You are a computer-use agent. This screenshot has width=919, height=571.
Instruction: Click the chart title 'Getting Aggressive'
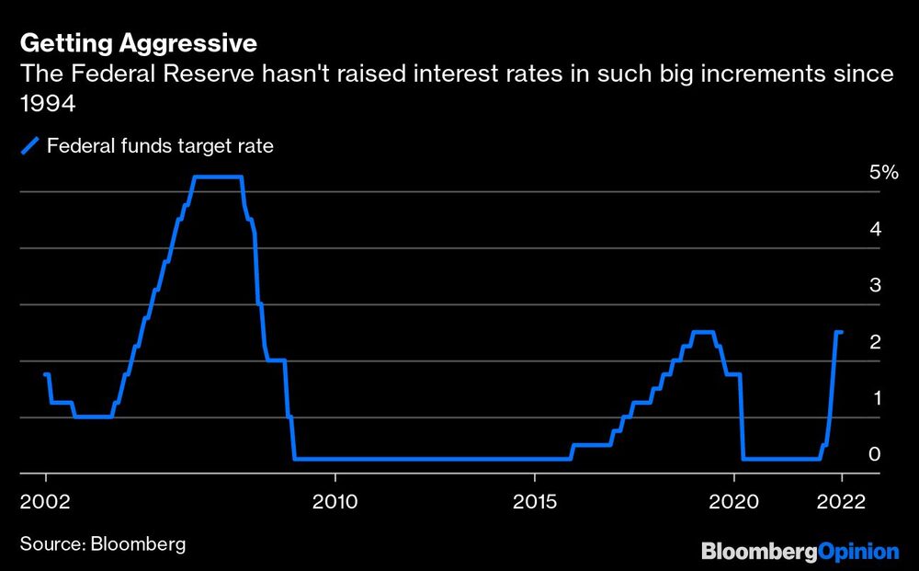pos(138,42)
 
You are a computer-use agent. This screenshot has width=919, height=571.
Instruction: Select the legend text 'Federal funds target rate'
pos(160,145)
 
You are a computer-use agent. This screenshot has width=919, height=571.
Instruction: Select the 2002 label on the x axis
pos(46,502)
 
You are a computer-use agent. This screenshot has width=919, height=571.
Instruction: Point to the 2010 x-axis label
pos(335,502)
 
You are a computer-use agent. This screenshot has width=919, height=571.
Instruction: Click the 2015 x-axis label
pos(534,502)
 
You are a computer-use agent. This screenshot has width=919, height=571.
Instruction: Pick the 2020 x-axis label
pos(734,502)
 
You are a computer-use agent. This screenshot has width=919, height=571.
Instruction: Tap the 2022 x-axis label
pos(841,502)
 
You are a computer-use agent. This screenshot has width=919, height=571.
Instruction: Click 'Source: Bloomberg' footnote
pos(102,543)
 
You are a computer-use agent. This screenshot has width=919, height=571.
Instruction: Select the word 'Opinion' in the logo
pos(857,552)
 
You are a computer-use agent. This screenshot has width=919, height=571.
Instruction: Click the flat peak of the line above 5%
pos(218,177)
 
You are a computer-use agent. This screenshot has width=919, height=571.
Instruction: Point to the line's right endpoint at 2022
pos(841,332)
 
